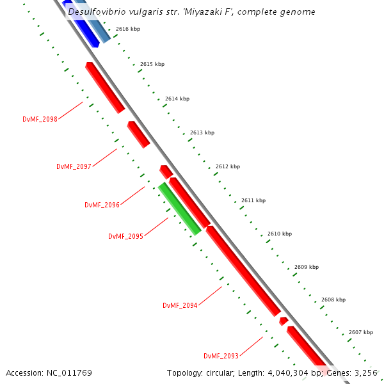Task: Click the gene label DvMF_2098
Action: (40, 119)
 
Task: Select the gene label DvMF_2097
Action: (74, 166)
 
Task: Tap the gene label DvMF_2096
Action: (102, 205)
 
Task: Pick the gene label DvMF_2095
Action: (125, 236)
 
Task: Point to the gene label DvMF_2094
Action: (180, 305)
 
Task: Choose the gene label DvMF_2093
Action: (221, 356)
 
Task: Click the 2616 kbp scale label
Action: (128, 29)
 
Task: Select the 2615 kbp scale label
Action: (152, 64)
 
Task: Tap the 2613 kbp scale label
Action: (202, 132)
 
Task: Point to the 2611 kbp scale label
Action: (253, 200)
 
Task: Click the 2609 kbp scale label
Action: (307, 267)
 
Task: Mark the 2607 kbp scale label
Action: (361, 332)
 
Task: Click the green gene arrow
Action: (180, 209)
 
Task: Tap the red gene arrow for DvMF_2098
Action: (105, 88)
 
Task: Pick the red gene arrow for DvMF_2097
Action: (138, 134)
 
